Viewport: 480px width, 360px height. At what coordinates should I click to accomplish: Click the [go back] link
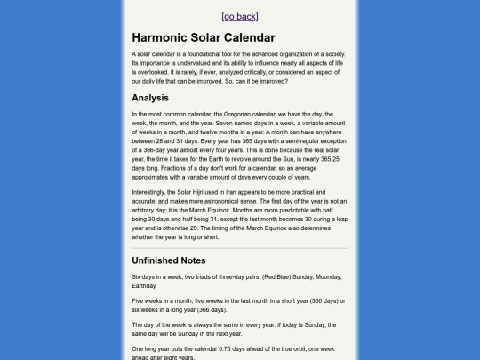(x=240, y=16)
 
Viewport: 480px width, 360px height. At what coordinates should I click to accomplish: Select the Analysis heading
(x=150, y=98)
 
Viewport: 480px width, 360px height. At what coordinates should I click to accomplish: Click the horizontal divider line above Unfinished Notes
(x=240, y=248)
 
